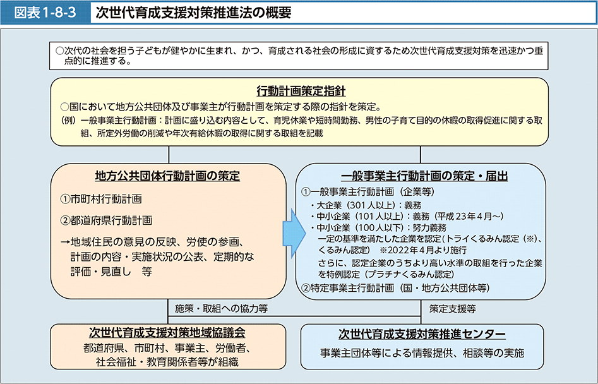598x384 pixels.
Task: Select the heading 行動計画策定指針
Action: (300, 90)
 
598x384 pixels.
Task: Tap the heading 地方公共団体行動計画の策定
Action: (167, 176)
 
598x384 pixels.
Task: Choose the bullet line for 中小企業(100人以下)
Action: (381, 227)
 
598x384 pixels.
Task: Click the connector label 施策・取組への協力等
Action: (222, 309)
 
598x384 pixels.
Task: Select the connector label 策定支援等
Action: (452, 309)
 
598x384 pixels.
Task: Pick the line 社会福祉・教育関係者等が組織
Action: (167, 361)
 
